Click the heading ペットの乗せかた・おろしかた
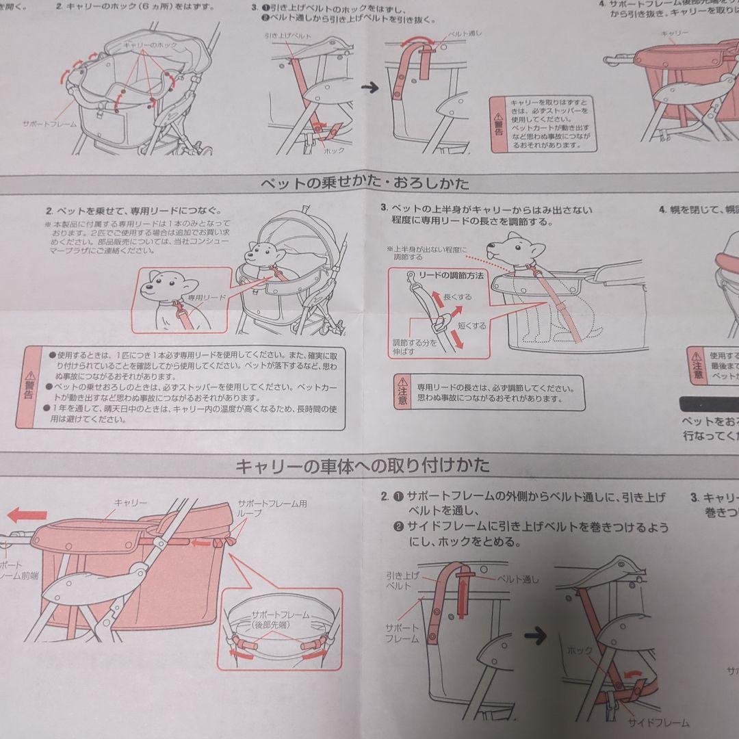pos(365,183)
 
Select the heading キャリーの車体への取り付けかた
pos(362,467)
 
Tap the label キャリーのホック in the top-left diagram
pos(149,44)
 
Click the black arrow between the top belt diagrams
pos(370,88)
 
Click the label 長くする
pos(457,298)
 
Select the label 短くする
pos(471,326)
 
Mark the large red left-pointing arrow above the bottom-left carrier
pos(27,515)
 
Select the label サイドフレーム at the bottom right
pos(660,723)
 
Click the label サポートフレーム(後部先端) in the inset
pos(281,619)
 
